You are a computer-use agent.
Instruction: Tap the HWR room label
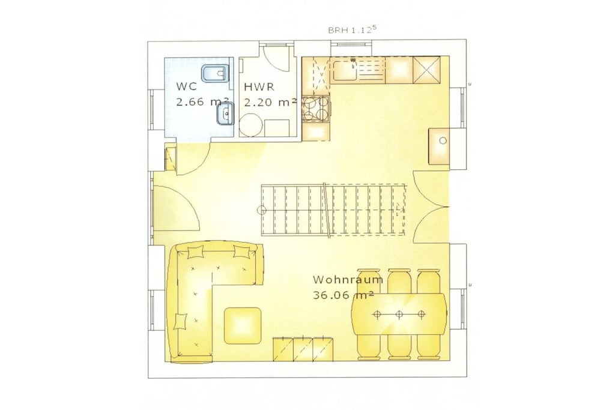pyautogui.click(x=259, y=86)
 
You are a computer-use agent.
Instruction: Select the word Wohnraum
pyautogui.click(x=348, y=280)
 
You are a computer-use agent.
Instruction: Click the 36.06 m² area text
pyautogui.click(x=343, y=295)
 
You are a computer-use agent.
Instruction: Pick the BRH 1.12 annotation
pyautogui.click(x=352, y=30)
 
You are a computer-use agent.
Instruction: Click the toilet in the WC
pyautogui.click(x=214, y=73)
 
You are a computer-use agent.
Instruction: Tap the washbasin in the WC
pyautogui.click(x=225, y=114)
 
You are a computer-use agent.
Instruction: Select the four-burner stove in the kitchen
pyautogui.click(x=316, y=108)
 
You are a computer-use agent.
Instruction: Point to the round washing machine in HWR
pyautogui.click(x=251, y=125)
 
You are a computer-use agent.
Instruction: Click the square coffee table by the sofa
pyautogui.click(x=243, y=325)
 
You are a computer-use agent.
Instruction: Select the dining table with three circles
pyautogui.click(x=399, y=313)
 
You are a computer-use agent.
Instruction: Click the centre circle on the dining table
pyautogui.click(x=399, y=313)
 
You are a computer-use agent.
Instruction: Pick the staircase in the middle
pyautogui.click(x=333, y=210)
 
